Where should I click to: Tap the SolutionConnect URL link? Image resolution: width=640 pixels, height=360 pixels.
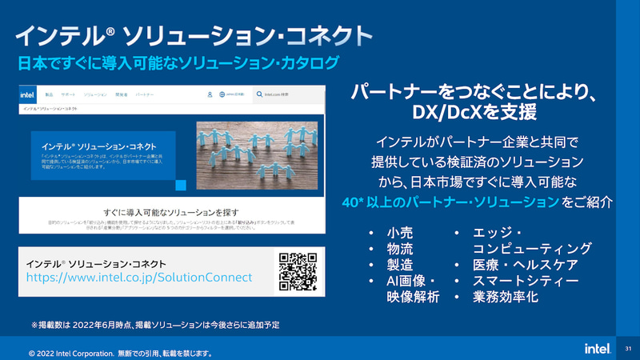(139, 277)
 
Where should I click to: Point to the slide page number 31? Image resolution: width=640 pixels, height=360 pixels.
(628, 349)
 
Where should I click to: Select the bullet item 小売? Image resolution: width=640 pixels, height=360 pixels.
(399, 233)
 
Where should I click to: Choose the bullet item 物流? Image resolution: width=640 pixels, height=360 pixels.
(399, 249)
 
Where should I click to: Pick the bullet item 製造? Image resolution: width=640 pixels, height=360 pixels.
(399, 265)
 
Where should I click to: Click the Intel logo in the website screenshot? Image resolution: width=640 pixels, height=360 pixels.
(29, 94)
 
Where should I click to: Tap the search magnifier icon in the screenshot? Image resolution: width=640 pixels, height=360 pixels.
(260, 94)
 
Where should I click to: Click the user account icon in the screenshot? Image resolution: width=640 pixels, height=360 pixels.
(210, 94)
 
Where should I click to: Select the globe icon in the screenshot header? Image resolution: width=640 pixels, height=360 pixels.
(222, 94)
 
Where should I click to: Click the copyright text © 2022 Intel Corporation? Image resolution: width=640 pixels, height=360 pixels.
(120, 351)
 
